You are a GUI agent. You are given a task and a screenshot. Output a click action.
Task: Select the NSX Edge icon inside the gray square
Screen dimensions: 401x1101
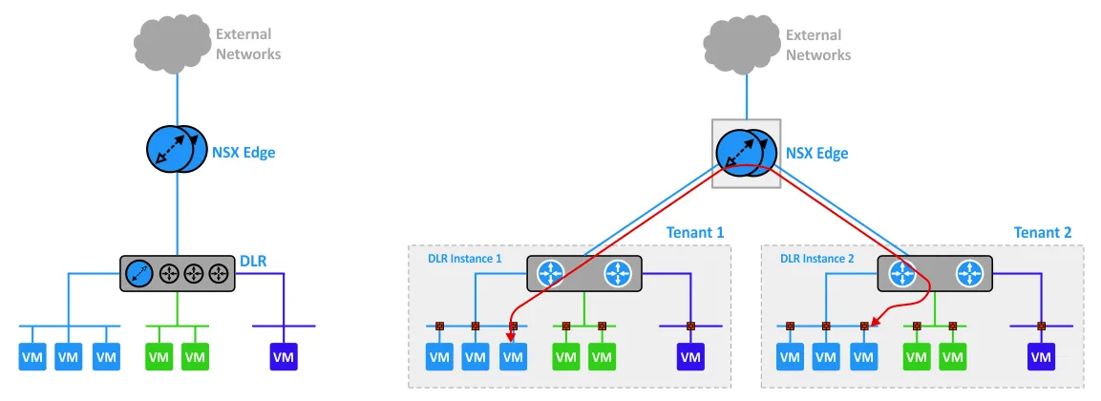point(746,153)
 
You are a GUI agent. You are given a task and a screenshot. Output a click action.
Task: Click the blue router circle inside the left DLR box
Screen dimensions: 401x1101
point(139,274)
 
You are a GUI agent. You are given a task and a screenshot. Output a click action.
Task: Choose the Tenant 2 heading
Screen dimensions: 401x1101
point(1043,232)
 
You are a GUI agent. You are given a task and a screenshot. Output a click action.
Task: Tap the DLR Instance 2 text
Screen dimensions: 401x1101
point(818,258)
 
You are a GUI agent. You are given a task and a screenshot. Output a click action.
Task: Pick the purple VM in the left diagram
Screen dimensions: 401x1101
point(284,357)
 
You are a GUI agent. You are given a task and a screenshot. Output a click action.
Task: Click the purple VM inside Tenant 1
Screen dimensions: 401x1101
point(689,357)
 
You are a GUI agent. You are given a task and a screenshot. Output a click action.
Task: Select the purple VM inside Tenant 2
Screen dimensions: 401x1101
point(1041,357)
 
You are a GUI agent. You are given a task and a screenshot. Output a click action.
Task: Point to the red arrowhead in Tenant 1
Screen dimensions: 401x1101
point(512,334)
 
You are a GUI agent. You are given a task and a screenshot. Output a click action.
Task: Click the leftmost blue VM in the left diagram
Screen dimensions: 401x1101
point(32,357)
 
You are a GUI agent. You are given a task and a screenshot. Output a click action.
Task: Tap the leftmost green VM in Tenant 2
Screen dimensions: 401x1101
point(918,357)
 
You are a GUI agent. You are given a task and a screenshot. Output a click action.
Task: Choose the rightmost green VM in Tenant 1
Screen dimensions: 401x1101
point(602,357)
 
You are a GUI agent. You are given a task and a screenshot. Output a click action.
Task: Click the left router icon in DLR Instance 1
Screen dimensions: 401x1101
point(551,274)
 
